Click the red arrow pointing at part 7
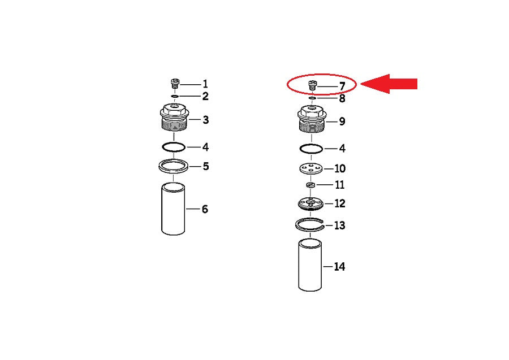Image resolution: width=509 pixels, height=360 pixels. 389,84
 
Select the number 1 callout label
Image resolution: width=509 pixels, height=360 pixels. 205,84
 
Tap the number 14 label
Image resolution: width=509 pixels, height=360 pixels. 339,267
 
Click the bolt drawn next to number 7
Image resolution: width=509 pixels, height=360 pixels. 312,86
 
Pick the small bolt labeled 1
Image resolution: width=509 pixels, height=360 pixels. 175,83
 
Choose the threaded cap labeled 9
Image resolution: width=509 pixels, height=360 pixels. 312,119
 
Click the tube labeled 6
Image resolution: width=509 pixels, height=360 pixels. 174,209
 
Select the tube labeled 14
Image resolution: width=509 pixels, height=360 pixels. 310,265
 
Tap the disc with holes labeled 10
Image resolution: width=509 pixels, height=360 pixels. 311,168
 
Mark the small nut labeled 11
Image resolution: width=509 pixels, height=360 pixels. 311,185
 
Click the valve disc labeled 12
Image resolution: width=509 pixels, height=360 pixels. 310,203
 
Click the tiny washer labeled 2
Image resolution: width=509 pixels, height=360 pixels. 175,96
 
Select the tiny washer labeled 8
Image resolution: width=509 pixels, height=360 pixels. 312,98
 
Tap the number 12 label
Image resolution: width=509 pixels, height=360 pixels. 339,203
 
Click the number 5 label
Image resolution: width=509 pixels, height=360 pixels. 206,166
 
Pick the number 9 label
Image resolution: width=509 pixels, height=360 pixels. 342,122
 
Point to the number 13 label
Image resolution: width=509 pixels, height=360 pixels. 339,225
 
